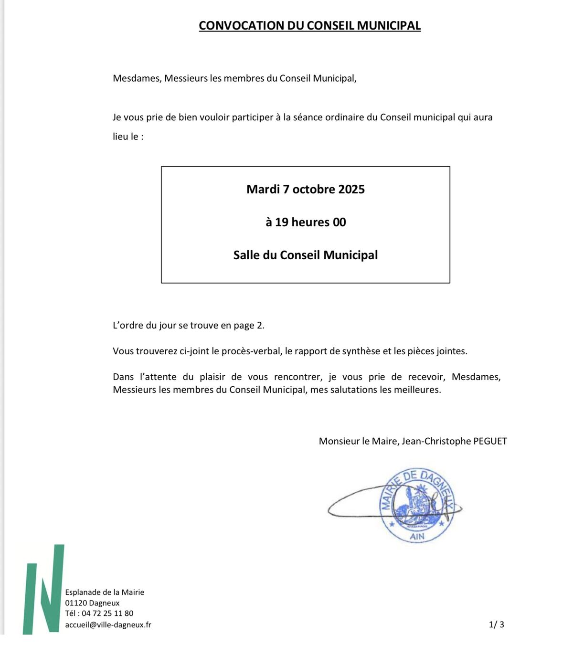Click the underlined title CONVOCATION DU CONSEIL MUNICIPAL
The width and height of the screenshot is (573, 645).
309,26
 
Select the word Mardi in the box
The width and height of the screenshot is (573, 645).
263,190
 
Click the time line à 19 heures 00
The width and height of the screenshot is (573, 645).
306,222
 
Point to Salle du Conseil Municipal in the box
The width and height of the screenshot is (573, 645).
306,255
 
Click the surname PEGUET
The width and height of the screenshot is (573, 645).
490,441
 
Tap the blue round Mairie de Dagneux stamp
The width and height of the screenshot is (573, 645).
416,505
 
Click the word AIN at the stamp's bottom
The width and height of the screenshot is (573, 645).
417,537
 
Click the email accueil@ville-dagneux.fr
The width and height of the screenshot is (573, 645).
108,625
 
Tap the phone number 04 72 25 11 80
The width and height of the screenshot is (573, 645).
107,613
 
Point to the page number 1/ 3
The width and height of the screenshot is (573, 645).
497,624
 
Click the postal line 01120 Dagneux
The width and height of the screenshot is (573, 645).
93,603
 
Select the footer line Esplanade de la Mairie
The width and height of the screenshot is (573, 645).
105,592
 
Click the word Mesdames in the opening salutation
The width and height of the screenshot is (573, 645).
137,78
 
